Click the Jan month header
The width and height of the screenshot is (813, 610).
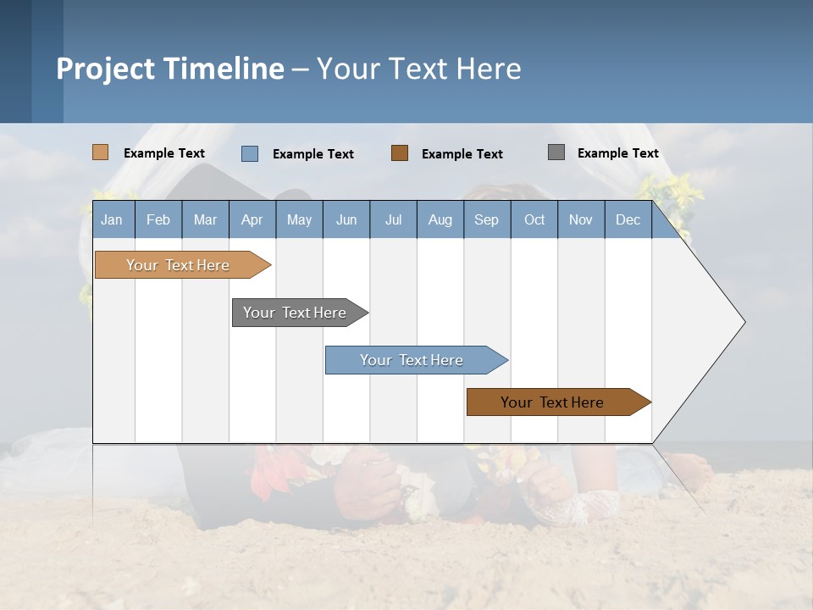(x=112, y=220)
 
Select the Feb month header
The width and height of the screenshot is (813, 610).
(x=158, y=220)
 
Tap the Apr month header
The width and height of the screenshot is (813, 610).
(x=252, y=220)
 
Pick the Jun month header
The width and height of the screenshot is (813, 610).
(x=346, y=220)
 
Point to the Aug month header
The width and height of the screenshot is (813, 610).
(x=440, y=220)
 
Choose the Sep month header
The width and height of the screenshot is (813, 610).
(x=487, y=220)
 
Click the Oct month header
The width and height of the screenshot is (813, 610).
(x=534, y=220)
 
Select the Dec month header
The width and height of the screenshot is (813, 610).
(x=628, y=220)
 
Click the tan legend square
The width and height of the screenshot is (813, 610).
(x=101, y=152)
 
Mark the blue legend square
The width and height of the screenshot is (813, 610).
(x=250, y=153)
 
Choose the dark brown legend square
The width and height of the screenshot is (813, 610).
(x=400, y=152)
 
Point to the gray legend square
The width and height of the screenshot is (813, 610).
(x=556, y=152)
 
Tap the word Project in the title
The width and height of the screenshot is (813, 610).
(x=105, y=69)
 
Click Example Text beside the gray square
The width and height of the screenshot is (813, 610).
(x=617, y=153)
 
